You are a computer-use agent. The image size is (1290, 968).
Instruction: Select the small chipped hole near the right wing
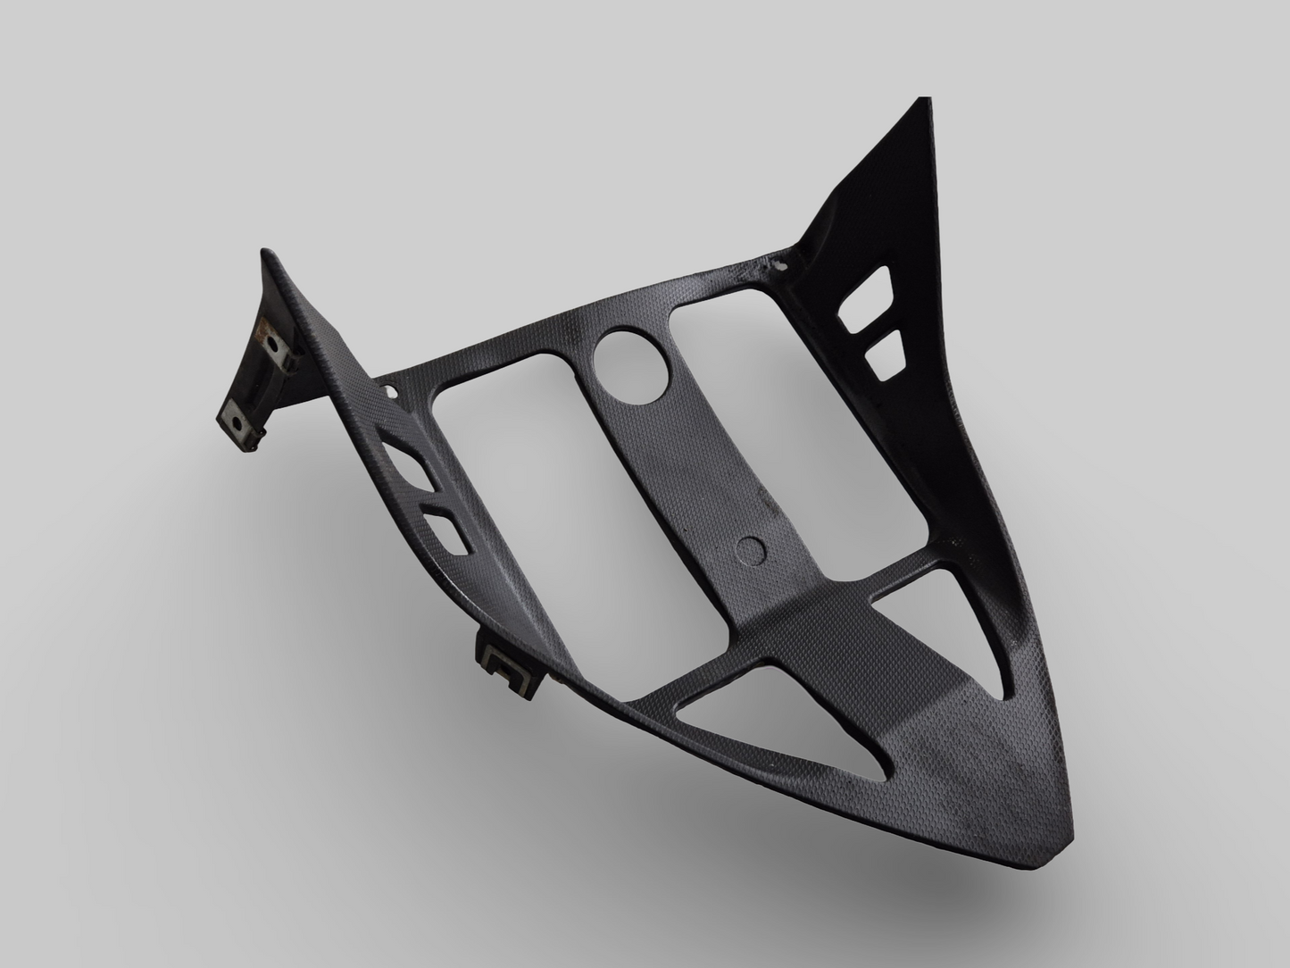pyautogui.click(x=783, y=264)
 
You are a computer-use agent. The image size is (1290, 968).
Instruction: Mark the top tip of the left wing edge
pyautogui.click(x=265, y=253)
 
